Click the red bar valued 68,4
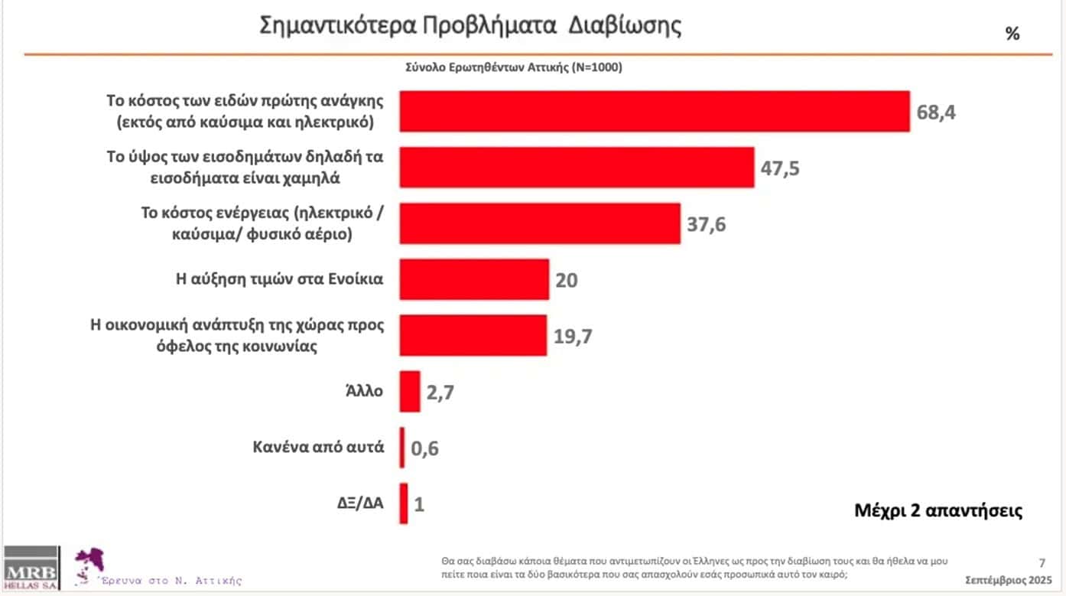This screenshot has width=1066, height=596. pyautogui.click(x=655, y=112)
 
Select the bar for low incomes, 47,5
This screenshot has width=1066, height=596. pyautogui.click(x=577, y=168)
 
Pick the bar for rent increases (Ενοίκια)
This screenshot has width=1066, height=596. pyautogui.click(x=474, y=279)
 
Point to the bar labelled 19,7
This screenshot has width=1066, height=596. pyautogui.click(x=473, y=335)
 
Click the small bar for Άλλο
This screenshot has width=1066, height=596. pyautogui.click(x=410, y=391)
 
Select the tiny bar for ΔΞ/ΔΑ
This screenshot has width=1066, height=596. pyautogui.click(x=404, y=503)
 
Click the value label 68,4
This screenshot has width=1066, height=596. pyautogui.click(x=935, y=112)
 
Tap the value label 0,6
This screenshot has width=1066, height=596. pyautogui.click(x=425, y=448)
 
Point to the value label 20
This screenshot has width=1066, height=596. pyautogui.click(x=567, y=280)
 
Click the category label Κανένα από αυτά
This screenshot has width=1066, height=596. pyautogui.click(x=318, y=447)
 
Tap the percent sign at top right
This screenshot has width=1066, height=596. pyautogui.click(x=1012, y=34)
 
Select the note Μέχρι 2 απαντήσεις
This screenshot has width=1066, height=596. pyautogui.click(x=938, y=510)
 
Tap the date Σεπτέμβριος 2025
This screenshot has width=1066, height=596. pyautogui.click(x=1003, y=578)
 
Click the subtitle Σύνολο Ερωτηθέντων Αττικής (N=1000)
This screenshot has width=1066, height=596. pyautogui.click(x=513, y=67)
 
